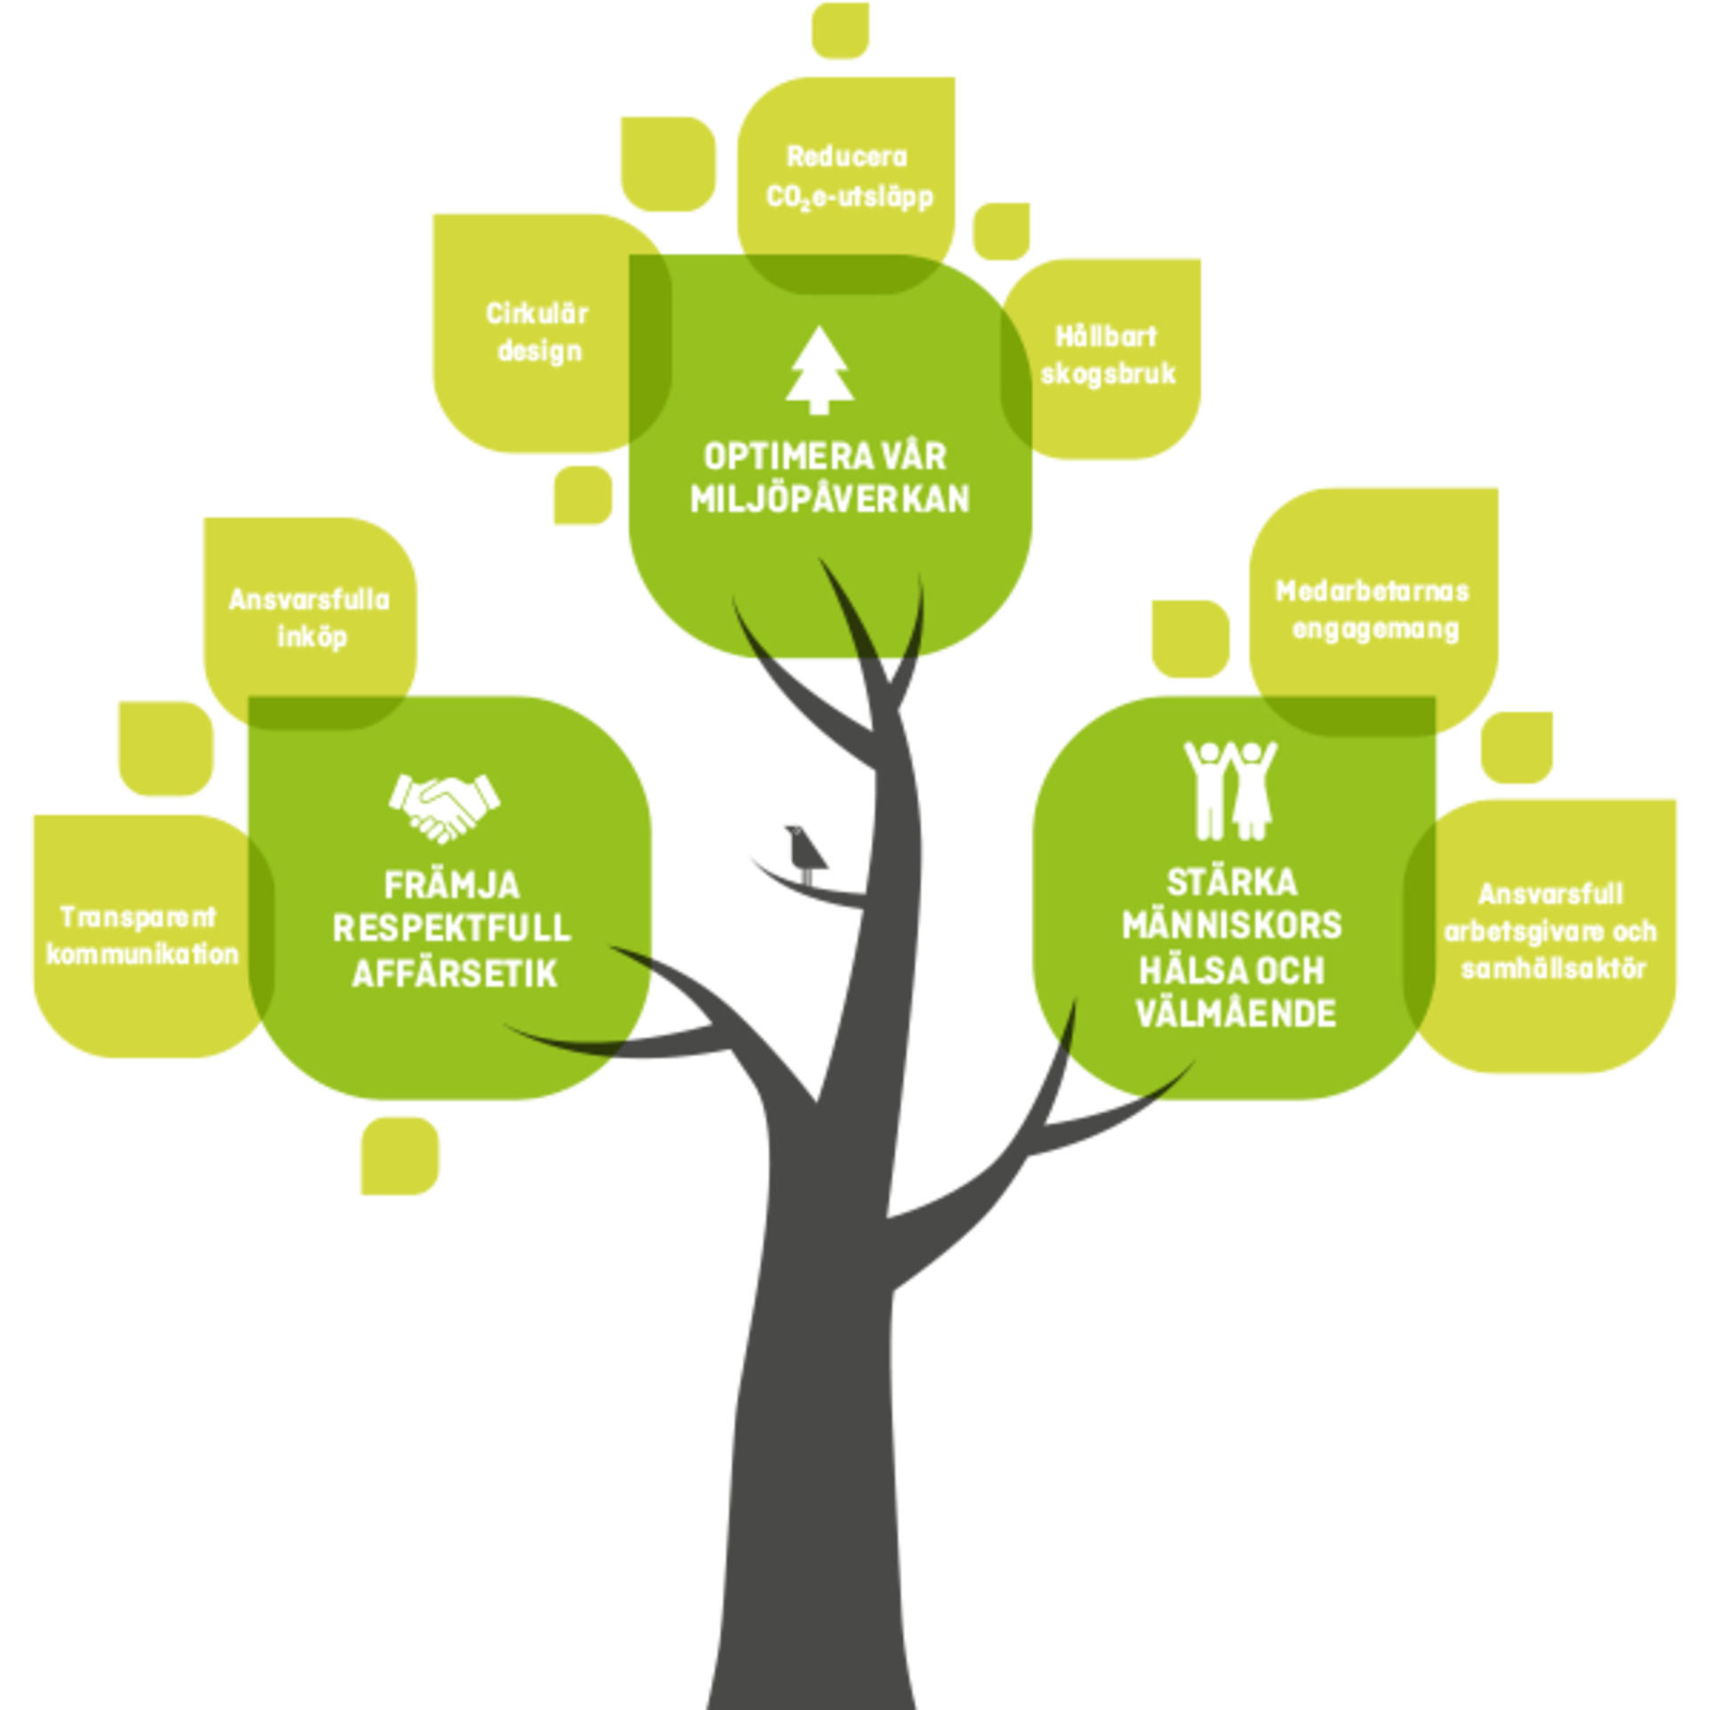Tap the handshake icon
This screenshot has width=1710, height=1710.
click(x=444, y=807)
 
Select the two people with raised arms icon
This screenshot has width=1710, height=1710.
click(x=1231, y=790)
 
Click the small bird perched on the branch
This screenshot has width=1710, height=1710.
click(x=807, y=851)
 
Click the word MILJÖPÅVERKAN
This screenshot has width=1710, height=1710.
click(x=829, y=500)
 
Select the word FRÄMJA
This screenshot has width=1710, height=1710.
click(x=452, y=885)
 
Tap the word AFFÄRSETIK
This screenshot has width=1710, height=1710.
click(x=454, y=973)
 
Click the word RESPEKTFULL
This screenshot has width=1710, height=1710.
click(x=452, y=929)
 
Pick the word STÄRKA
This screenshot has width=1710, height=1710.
click(x=1232, y=883)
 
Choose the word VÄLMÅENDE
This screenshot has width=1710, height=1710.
click(x=1235, y=1014)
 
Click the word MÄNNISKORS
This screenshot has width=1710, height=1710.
click(x=1232, y=925)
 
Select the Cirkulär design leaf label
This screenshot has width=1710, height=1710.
click(x=538, y=332)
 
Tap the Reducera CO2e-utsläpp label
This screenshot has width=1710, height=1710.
click(x=849, y=177)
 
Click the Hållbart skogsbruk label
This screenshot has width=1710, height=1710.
click(x=1107, y=355)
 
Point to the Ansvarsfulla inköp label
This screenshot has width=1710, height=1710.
click(x=310, y=618)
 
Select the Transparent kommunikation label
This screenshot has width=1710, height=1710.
click(x=141, y=935)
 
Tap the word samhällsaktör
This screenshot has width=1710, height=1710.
click(x=1552, y=969)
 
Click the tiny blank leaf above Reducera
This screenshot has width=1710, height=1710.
click(x=839, y=30)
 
